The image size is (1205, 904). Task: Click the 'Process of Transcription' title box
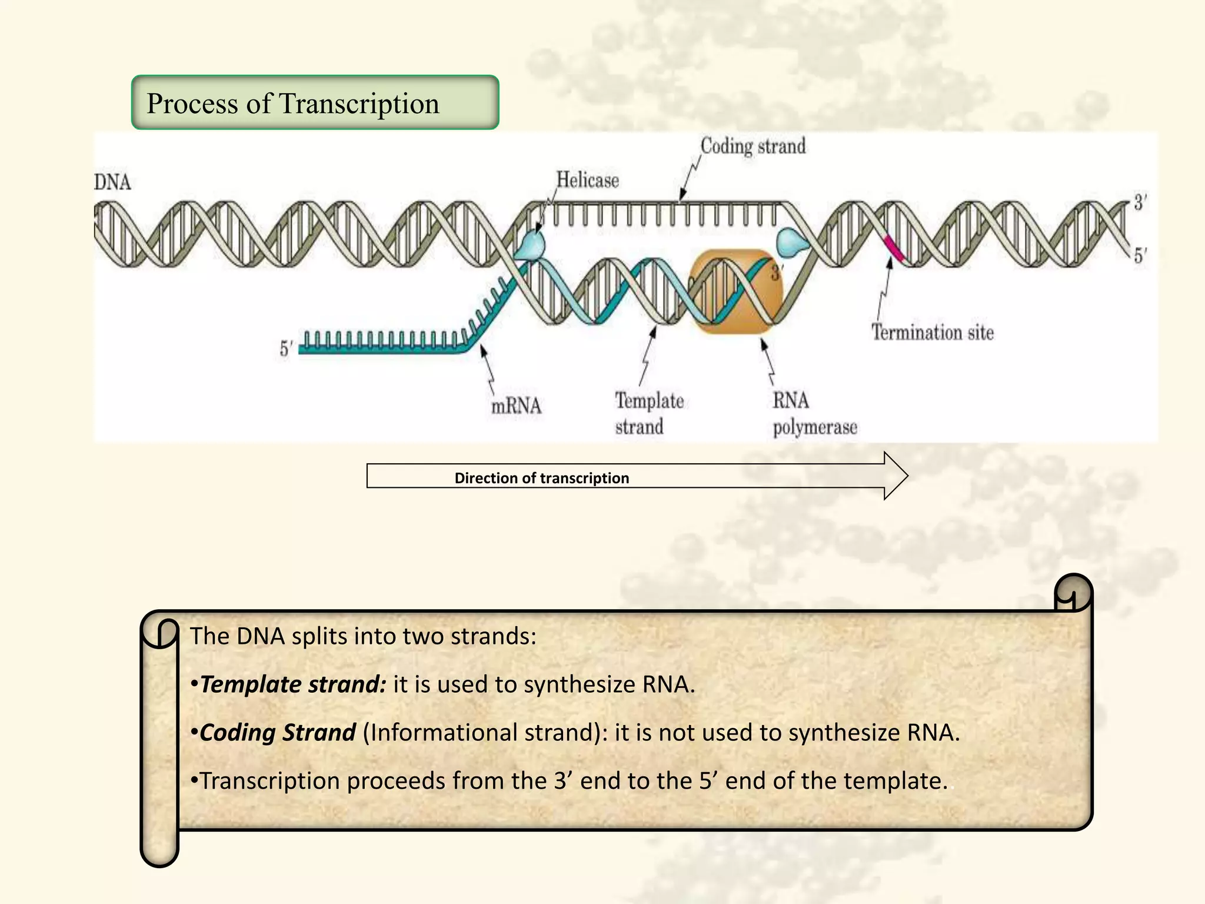click(315, 103)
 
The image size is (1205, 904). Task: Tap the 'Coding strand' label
click(753, 146)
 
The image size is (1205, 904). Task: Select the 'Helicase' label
click(587, 180)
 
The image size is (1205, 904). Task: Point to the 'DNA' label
click(112, 182)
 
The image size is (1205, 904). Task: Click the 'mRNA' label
click(516, 406)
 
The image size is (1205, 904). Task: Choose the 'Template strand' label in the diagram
click(649, 413)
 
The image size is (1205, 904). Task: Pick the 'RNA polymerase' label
click(814, 413)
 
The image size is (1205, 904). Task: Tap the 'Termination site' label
click(932, 333)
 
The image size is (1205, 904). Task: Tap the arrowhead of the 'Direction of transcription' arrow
click(896, 476)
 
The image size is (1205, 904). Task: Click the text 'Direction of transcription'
click(541, 478)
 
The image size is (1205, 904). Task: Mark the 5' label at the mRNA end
click(286, 348)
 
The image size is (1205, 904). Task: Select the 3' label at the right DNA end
click(1140, 203)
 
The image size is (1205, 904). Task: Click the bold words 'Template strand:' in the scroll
click(293, 684)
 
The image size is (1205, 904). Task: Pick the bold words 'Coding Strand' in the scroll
click(278, 733)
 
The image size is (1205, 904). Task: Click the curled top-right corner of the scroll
click(1073, 593)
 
